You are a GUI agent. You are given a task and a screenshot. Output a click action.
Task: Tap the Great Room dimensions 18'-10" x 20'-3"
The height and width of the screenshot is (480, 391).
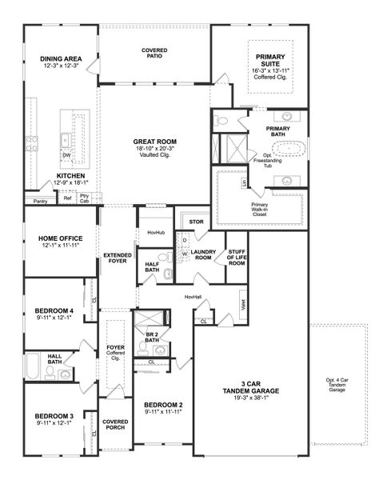tap(155, 148)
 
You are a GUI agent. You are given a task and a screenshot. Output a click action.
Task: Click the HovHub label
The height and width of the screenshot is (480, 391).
tap(155, 233)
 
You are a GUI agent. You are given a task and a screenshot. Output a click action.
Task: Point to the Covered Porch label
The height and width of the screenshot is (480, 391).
tap(115, 425)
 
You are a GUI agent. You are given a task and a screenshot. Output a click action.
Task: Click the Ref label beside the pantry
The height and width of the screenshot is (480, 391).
tap(68, 198)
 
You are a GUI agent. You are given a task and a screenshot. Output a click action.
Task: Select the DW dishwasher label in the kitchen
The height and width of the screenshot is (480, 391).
tap(66, 156)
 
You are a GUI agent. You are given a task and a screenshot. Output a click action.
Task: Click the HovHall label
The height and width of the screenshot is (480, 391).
tap(193, 296)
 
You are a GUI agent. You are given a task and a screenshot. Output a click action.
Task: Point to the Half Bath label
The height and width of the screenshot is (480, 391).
tap(151, 267)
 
